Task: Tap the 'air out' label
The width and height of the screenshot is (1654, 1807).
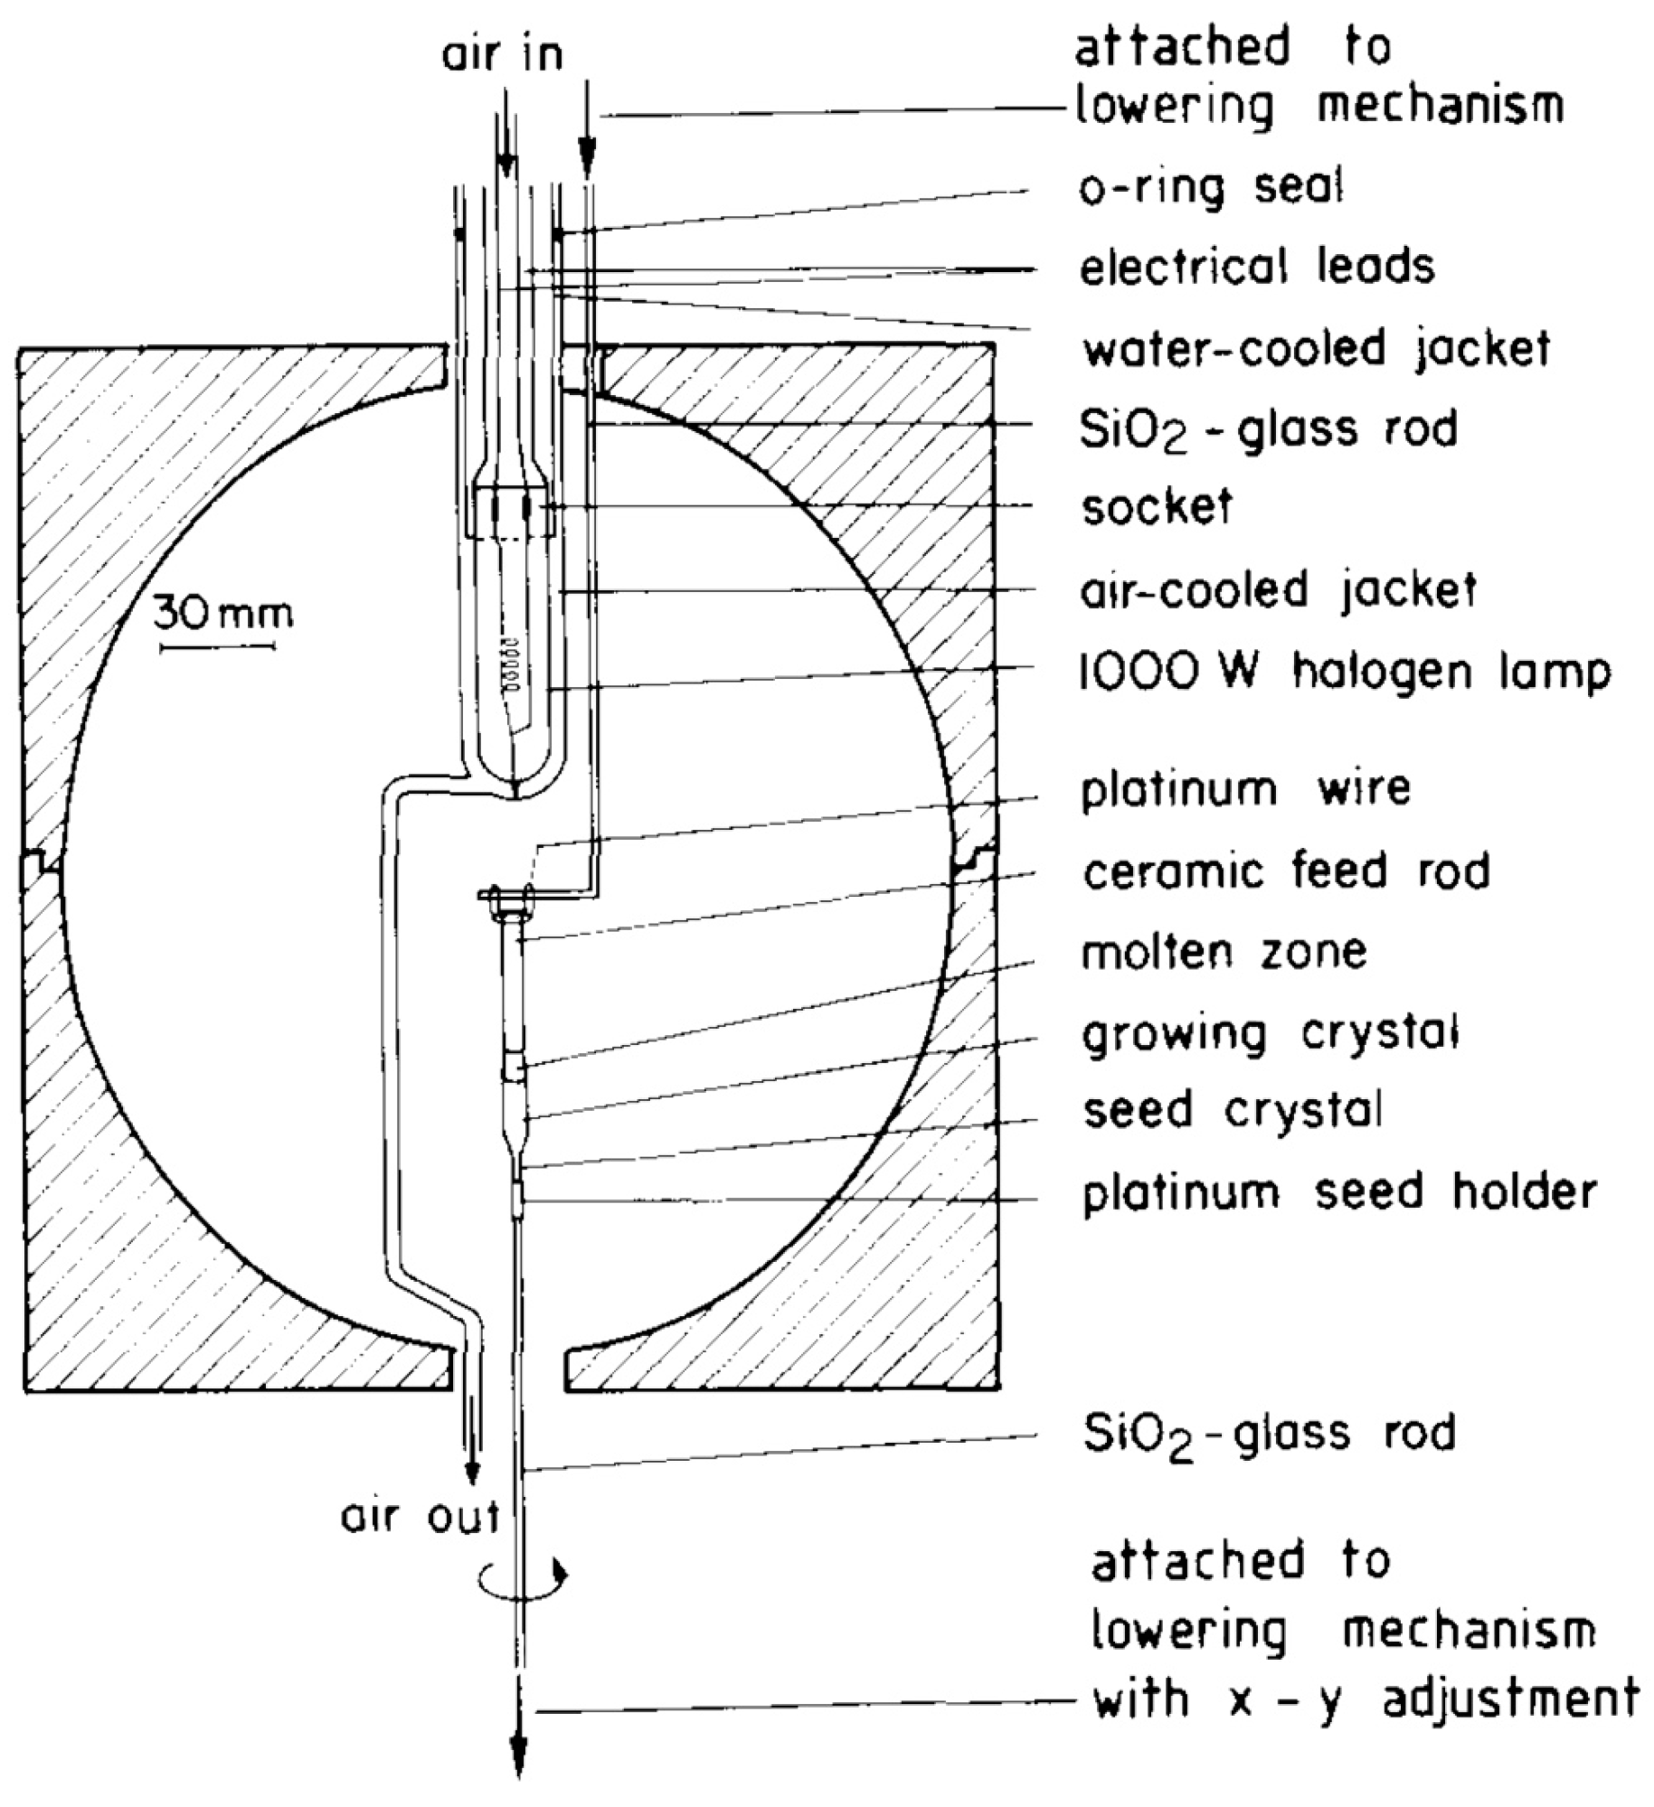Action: [420, 1517]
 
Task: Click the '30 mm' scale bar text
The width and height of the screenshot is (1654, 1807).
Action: [222, 615]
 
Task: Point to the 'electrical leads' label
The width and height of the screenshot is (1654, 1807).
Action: [1257, 267]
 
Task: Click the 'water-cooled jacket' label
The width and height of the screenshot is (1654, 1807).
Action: [1317, 348]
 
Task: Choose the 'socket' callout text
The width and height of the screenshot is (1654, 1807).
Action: [1157, 507]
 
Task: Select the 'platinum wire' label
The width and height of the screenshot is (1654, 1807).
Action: [1245, 789]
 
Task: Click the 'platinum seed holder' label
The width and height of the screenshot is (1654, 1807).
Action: [1339, 1192]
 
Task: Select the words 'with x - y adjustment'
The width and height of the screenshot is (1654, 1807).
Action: [1366, 1697]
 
